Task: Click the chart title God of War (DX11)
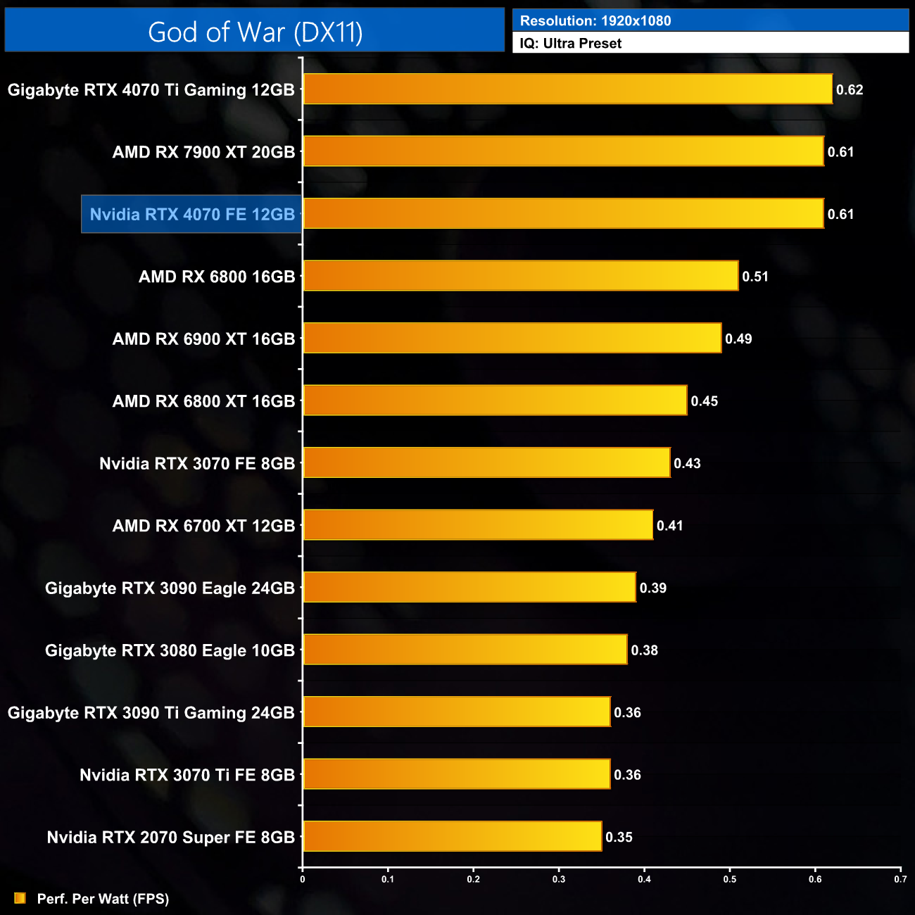point(255,32)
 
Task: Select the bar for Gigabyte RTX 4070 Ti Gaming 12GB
point(567,89)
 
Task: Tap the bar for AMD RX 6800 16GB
point(521,276)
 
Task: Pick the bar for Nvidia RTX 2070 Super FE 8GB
point(452,836)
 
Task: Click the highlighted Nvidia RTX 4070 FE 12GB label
point(192,214)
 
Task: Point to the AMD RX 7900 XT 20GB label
point(203,152)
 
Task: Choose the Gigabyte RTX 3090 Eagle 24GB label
point(170,588)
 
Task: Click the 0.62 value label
point(850,90)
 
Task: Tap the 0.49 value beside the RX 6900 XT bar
point(738,339)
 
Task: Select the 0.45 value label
point(704,401)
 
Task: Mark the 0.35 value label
point(619,837)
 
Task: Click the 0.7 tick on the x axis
point(900,879)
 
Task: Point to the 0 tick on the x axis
point(303,879)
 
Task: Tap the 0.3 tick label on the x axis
point(559,879)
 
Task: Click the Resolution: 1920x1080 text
point(595,21)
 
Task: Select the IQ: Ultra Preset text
point(571,44)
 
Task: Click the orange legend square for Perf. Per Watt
point(20,898)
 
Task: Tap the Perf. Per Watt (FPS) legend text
point(103,899)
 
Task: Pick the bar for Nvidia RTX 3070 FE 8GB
point(486,462)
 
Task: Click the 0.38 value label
point(644,650)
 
